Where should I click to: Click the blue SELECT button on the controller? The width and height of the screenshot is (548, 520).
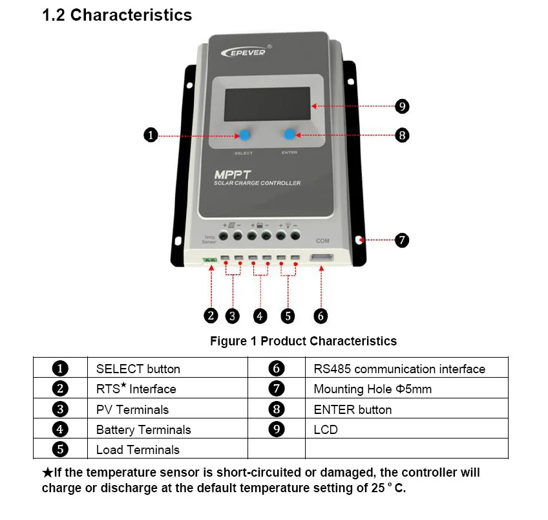[x=245, y=135]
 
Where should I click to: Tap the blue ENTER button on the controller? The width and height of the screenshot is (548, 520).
[x=290, y=134]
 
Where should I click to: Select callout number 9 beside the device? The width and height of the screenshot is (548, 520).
[x=402, y=106]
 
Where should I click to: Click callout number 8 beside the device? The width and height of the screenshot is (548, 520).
[x=402, y=135]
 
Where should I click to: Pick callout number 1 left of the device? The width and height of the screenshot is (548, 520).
[x=150, y=135]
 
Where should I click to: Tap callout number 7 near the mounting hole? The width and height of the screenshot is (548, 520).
[x=402, y=240]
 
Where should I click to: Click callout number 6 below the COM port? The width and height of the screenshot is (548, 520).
[x=321, y=316]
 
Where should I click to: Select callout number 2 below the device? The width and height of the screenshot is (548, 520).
[x=211, y=316]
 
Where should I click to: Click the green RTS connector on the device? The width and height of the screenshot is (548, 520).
[x=210, y=260]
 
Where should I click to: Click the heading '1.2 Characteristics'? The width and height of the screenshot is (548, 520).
[x=117, y=16]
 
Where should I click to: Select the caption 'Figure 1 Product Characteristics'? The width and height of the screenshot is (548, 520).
[x=303, y=341]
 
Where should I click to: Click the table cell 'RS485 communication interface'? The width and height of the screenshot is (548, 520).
[x=399, y=369]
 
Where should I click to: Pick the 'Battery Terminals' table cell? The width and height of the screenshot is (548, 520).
[x=143, y=429]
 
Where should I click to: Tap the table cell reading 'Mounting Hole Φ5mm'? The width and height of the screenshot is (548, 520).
[x=372, y=389]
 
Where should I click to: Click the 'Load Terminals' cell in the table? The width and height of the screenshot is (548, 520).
[x=138, y=450]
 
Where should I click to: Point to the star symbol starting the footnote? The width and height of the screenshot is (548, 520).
[x=47, y=473]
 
